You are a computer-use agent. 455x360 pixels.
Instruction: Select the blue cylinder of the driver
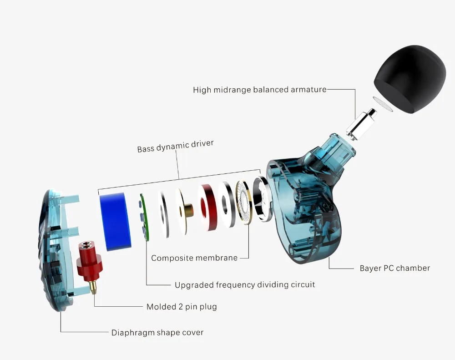115,221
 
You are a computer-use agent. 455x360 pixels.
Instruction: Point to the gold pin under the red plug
94,286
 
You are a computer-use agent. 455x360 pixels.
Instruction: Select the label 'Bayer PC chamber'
394,268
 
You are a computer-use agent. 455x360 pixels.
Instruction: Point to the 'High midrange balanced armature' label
260,90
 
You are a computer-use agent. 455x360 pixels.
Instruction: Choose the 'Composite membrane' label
194,258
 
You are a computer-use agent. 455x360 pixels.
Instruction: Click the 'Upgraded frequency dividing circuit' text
245,285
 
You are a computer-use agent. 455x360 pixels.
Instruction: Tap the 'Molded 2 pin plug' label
182,307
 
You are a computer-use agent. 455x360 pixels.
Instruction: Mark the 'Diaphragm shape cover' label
157,333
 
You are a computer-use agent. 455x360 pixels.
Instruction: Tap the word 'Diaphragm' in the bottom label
132,333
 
